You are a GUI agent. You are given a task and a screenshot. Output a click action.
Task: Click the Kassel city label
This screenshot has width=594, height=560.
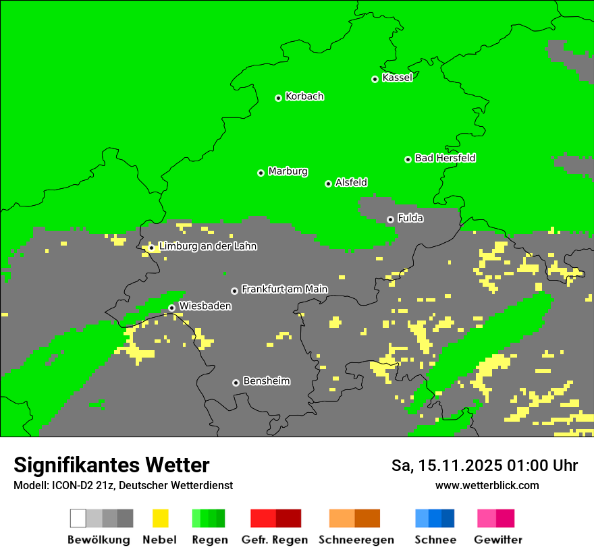(x=397, y=78)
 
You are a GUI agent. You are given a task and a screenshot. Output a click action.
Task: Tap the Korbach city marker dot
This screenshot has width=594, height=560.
(x=278, y=98)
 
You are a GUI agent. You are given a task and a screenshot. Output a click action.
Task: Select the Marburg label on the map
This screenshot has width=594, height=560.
(x=288, y=171)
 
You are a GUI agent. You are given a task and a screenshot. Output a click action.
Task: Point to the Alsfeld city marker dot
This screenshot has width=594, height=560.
(x=328, y=184)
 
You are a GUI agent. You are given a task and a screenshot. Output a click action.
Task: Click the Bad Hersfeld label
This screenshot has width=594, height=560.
(x=445, y=158)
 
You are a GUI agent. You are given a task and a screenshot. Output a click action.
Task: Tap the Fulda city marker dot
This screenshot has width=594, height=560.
(x=390, y=219)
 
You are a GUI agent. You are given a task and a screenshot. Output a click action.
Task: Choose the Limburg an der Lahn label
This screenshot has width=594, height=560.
(x=207, y=246)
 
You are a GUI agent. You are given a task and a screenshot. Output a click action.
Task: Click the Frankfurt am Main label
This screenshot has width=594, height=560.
(x=284, y=289)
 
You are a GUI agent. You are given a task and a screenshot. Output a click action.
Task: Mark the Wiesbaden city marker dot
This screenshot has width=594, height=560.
(x=171, y=308)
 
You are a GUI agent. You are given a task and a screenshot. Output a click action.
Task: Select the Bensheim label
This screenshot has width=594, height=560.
(x=266, y=381)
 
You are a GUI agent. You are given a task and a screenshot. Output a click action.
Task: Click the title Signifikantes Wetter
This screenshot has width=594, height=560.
(x=111, y=466)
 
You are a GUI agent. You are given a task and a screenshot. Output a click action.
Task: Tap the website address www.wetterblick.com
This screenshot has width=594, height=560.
(x=487, y=486)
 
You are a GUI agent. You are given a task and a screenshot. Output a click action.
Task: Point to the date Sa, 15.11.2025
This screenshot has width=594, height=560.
(x=446, y=466)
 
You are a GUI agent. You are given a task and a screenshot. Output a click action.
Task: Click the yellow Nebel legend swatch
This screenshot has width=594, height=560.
(x=160, y=518)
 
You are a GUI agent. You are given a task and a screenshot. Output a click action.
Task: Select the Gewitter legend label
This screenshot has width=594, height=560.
(x=498, y=540)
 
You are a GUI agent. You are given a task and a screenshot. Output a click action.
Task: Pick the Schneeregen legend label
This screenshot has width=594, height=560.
(x=356, y=540)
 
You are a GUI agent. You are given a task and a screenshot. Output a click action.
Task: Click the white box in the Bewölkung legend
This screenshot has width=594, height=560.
(x=78, y=518)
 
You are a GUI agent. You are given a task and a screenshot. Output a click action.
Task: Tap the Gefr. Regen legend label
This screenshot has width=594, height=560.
(x=275, y=540)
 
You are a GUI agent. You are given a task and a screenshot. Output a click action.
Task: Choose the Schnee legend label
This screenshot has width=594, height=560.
(x=435, y=540)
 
